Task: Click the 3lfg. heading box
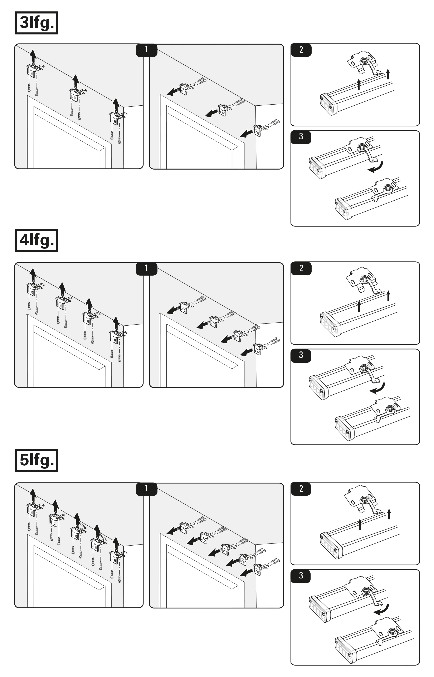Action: [36, 23]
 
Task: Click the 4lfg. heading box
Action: [36, 240]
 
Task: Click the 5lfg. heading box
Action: [36, 460]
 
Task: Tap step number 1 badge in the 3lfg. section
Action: [146, 50]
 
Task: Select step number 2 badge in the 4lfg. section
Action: [301, 268]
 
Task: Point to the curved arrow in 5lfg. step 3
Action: [382, 610]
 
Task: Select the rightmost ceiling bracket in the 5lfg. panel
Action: [117, 557]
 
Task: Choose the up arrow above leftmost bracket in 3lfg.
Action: [33, 56]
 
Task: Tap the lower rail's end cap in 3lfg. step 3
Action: [343, 209]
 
